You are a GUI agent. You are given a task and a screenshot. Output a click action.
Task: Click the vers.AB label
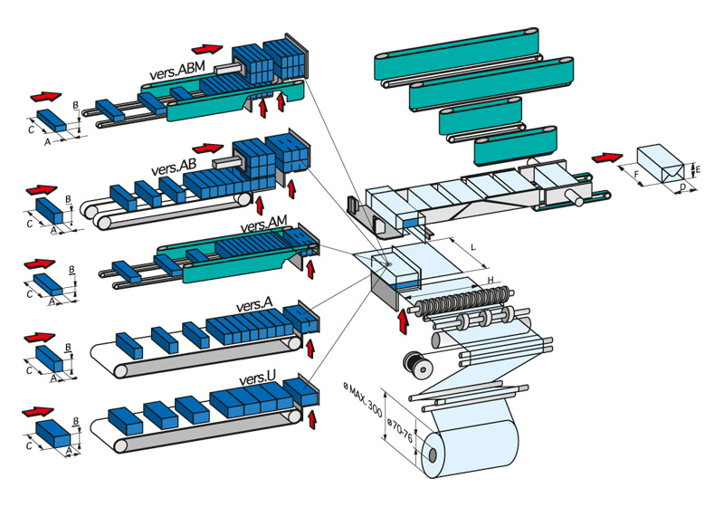click(x=174, y=167)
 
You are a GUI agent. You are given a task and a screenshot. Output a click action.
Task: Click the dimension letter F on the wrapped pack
click(x=636, y=175)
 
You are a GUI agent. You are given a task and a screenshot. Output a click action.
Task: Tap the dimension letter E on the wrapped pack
click(x=695, y=168)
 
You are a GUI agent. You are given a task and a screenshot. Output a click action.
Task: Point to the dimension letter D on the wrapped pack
click(x=681, y=188)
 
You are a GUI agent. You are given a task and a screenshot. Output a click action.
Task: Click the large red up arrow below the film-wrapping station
click(x=402, y=320)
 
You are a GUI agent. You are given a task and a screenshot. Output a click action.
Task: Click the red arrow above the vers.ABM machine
click(x=207, y=48)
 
